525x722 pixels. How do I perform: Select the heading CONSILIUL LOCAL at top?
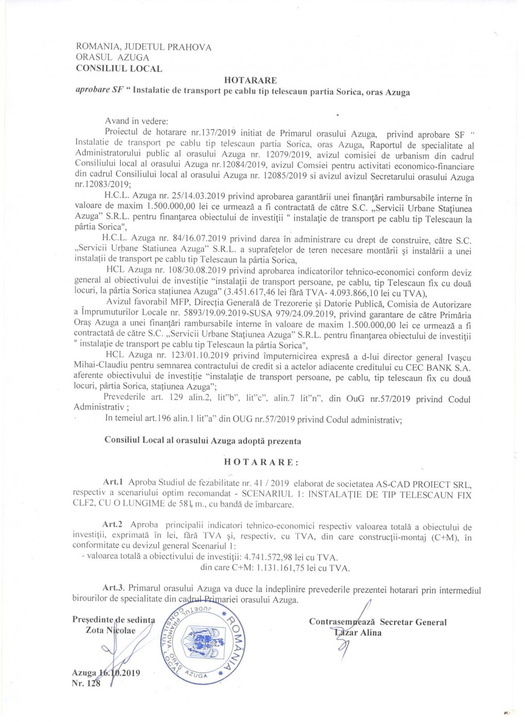119,68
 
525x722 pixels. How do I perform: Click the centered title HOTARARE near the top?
250,80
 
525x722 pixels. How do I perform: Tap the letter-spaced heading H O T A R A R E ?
260,462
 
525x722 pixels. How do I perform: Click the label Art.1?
112,482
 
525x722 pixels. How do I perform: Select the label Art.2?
112,524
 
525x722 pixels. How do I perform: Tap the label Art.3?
113,588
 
